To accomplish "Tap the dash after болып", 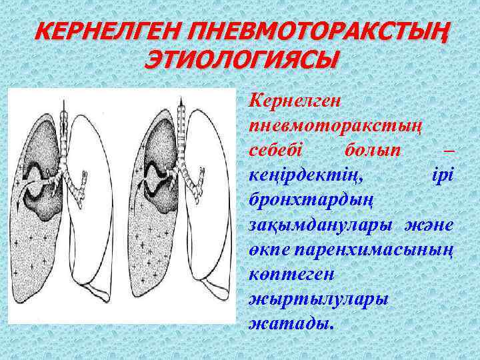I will pyautogui.click(x=448, y=148).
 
